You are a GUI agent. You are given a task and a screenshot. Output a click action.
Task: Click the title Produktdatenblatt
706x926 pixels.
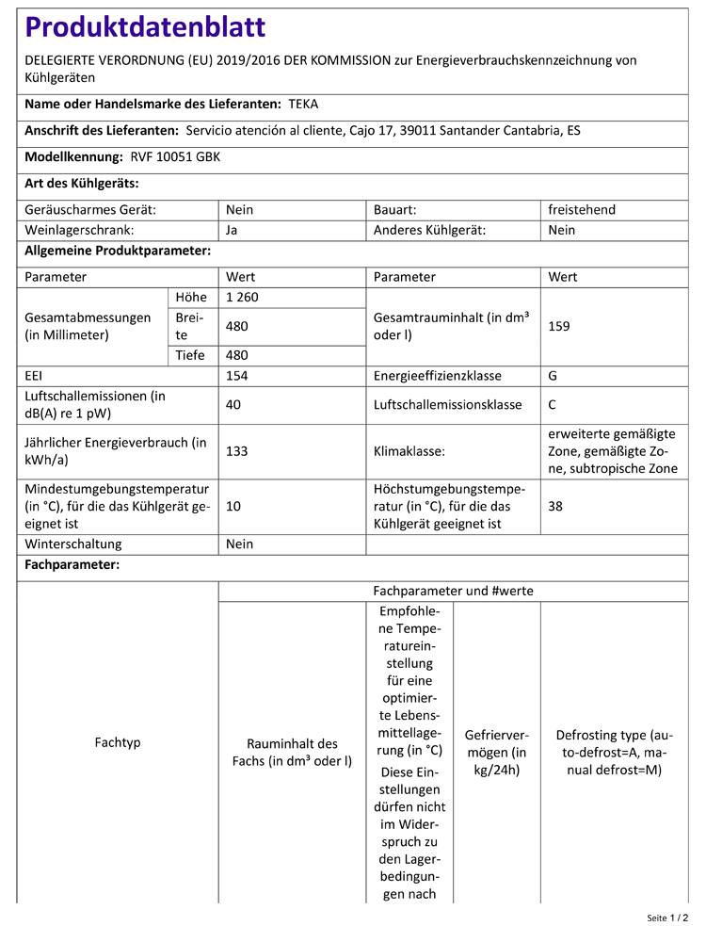click(145, 27)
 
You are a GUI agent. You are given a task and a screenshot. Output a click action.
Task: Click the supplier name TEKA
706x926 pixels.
click(303, 104)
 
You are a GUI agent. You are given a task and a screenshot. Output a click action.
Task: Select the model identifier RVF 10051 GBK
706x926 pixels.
click(174, 156)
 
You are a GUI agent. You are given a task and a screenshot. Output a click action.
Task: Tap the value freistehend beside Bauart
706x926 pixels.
click(582, 209)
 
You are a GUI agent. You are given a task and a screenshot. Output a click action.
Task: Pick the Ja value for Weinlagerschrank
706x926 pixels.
click(233, 230)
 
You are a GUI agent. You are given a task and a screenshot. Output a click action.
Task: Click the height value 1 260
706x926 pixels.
click(242, 298)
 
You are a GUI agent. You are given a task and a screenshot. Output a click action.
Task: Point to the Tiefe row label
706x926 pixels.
click(191, 355)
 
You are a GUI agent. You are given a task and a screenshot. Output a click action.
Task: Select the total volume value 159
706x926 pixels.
click(559, 326)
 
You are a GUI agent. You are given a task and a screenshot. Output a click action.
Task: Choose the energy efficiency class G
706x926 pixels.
click(553, 375)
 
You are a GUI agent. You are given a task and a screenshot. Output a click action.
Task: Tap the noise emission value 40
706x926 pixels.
click(233, 405)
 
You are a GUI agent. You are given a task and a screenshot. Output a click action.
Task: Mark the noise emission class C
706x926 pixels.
click(553, 405)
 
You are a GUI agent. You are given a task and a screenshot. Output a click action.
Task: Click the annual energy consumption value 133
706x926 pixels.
click(237, 451)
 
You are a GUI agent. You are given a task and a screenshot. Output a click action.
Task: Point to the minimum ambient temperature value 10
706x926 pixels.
click(233, 506)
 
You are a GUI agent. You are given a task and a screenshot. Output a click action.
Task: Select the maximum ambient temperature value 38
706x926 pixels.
click(555, 506)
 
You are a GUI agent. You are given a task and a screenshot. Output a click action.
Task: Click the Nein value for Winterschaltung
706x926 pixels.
click(240, 544)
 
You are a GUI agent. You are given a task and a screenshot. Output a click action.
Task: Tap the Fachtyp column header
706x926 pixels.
click(118, 742)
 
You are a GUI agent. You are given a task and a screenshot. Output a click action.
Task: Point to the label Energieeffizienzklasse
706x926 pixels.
click(437, 375)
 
